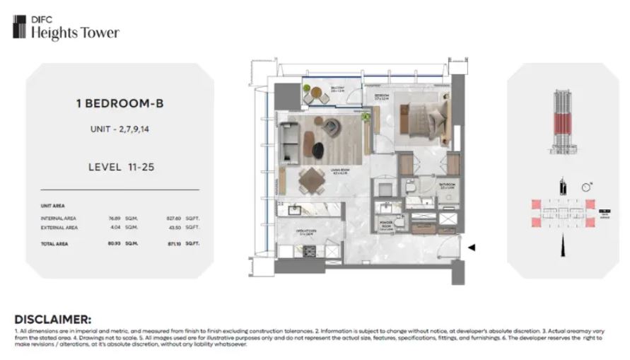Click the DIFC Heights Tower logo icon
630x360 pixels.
19,27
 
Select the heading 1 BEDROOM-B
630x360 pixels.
114,103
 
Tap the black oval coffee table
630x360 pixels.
319,149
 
